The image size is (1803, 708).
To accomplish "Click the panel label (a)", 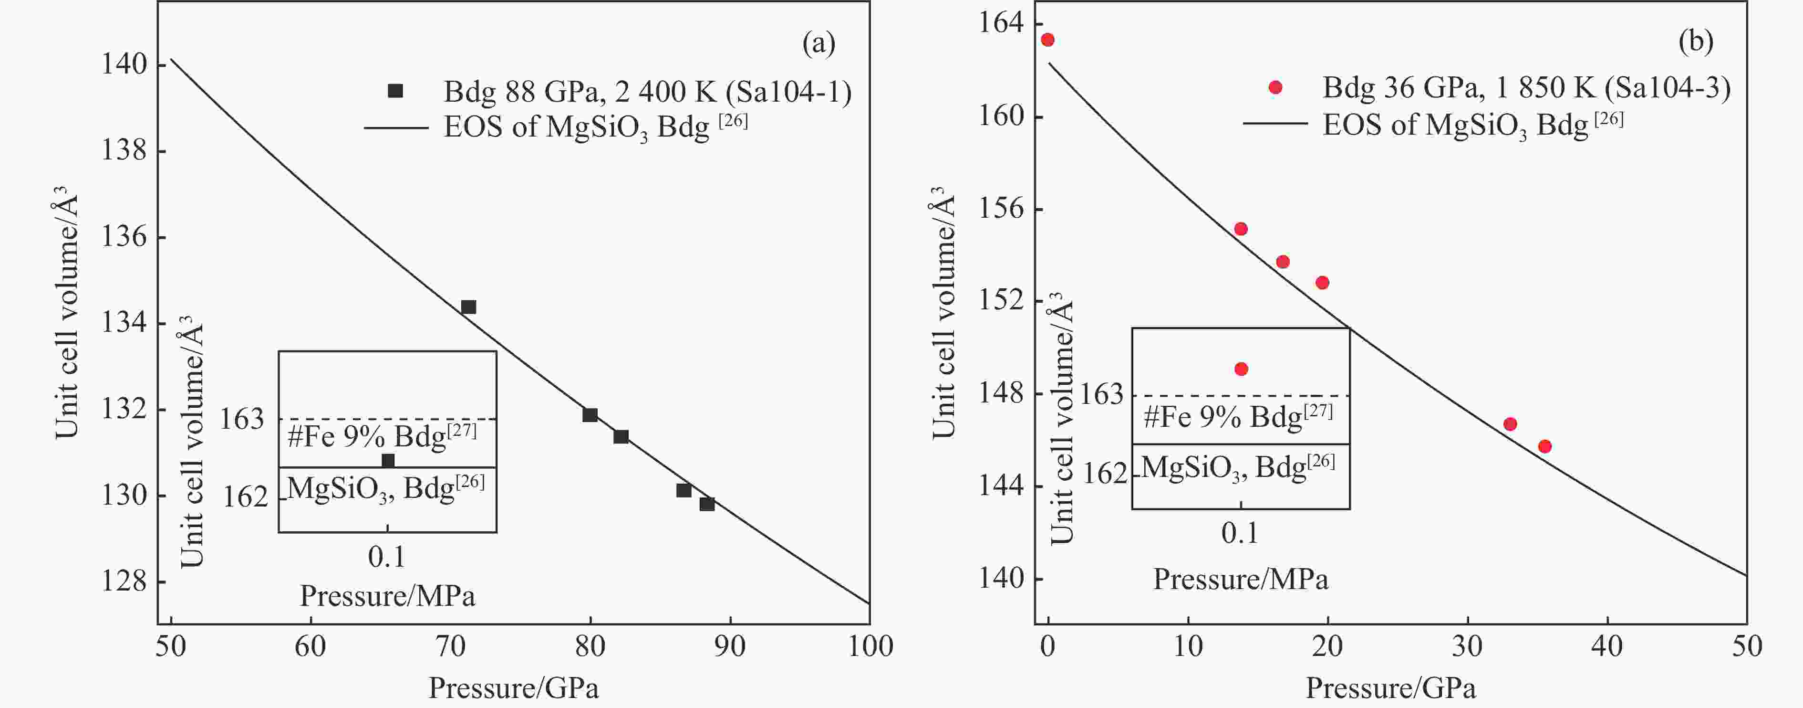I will (x=818, y=43).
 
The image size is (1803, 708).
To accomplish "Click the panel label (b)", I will (x=1695, y=42).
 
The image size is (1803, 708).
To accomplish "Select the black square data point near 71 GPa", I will (x=469, y=306).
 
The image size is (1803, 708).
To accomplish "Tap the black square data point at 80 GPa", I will (x=590, y=415).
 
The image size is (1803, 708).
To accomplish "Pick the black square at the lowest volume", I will (x=707, y=504).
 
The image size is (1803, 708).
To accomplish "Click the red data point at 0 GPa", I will (x=1048, y=40).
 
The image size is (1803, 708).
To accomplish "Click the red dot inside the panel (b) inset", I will (x=1242, y=369).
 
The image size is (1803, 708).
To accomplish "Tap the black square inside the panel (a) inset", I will (x=388, y=460).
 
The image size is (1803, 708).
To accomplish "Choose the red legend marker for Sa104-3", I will (x=1275, y=87).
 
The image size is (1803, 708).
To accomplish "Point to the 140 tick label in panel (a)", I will (x=124, y=64).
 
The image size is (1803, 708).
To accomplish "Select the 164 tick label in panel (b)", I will (x=999, y=23).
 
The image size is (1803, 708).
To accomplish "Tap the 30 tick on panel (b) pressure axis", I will (x=1467, y=645).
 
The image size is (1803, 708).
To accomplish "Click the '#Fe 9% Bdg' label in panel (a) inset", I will (x=382, y=435).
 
